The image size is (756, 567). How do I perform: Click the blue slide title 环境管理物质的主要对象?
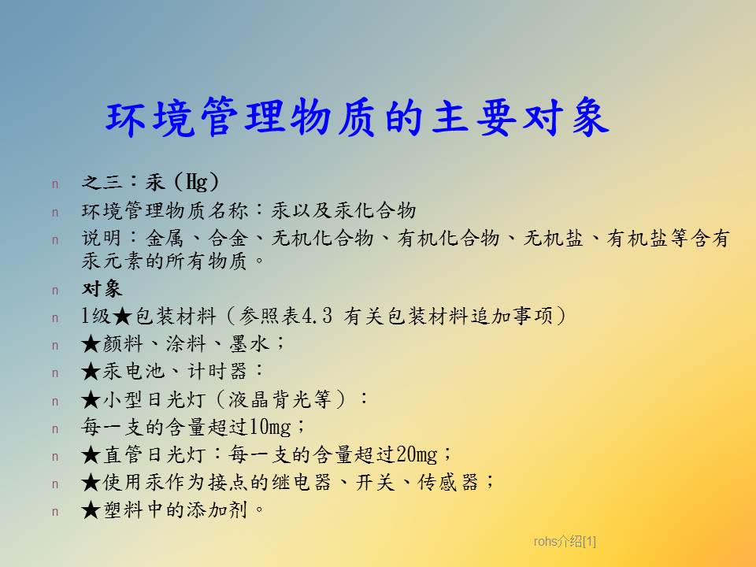pyautogui.click(x=358, y=117)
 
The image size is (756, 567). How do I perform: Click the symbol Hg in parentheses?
pyautogui.click(x=197, y=182)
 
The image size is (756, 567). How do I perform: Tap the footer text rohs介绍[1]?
pyautogui.click(x=565, y=542)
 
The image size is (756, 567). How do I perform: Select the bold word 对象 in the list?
pyautogui.click(x=102, y=289)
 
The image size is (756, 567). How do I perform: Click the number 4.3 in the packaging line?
pyautogui.click(x=317, y=317)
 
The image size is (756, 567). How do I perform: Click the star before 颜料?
pyautogui.click(x=91, y=344)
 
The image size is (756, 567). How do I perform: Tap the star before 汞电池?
pyautogui.click(x=91, y=372)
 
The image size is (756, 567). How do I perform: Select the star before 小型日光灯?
pyautogui.click(x=91, y=400)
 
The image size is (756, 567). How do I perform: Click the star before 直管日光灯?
pyautogui.click(x=91, y=454)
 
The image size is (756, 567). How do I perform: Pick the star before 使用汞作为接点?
pyautogui.click(x=91, y=482)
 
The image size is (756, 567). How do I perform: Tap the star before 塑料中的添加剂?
pyautogui.click(x=91, y=510)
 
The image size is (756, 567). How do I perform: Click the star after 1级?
pyautogui.click(x=123, y=317)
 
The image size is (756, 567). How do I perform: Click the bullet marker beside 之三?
pyautogui.click(x=55, y=183)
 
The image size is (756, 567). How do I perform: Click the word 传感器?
pyautogui.click(x=447, y=482)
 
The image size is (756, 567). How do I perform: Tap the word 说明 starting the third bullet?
pyautogui.click(x=102, y=238)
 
